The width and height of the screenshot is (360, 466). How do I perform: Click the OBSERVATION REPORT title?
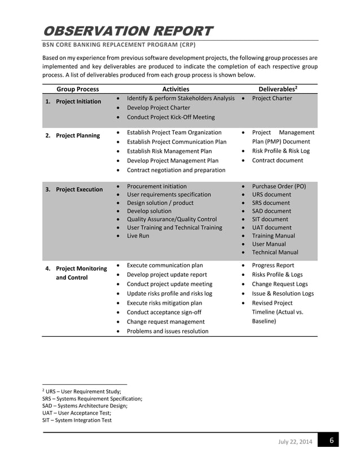tap(128, 30)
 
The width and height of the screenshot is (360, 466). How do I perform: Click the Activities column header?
tap(175, 89)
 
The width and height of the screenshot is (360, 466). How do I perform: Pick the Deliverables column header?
tap(278, 89)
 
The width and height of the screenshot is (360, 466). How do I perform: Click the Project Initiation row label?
tap(78, 102)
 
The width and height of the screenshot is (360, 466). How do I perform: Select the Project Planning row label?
tap(78, 135)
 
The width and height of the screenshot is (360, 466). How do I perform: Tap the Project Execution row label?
tap(79, 190)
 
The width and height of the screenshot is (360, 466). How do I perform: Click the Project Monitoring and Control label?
tap(81, 273)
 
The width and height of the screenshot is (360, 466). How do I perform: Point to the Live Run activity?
tap(138, 235)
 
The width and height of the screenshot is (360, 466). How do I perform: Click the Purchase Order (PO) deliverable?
tap(279, 186)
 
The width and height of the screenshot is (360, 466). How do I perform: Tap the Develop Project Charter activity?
tap(159, 107)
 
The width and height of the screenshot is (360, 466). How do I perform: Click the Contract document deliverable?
tap(277, 160)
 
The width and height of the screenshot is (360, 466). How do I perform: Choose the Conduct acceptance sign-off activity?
tap(164, 311)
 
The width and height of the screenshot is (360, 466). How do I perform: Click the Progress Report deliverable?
tap(273, 265)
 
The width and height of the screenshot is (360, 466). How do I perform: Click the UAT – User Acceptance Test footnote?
tap(77, 413)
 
